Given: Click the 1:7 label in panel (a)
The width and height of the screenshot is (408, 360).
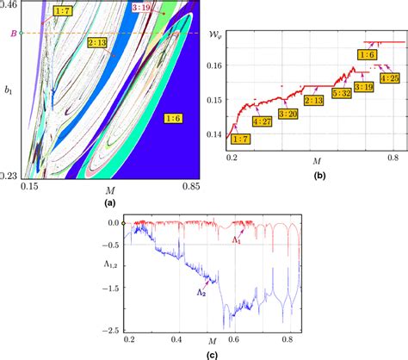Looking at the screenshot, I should point(64,19).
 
